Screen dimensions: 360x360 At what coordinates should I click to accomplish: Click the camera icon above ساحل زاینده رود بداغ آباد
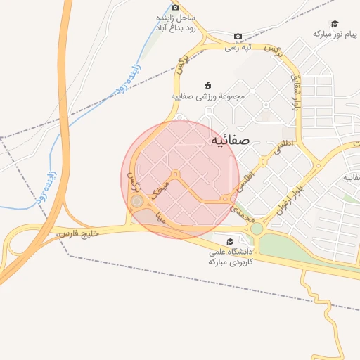[176, 7]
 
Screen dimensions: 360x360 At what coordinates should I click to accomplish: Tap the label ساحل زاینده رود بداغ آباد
[176, 24]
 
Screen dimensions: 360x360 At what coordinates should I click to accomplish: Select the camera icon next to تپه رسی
[238, 37]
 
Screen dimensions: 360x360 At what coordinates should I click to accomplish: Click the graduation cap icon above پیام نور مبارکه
[335, 23]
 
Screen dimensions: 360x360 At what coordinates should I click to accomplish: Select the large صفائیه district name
[230, 141]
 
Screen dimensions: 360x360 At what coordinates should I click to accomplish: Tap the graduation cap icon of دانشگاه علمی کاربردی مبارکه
[230, 242]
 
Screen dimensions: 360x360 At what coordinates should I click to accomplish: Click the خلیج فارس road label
[78, 231]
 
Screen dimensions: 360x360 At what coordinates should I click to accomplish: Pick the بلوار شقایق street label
[297, 92]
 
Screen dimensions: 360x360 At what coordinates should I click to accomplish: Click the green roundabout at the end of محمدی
[257, 229]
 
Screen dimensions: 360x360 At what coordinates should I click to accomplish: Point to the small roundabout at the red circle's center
[175, 174]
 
